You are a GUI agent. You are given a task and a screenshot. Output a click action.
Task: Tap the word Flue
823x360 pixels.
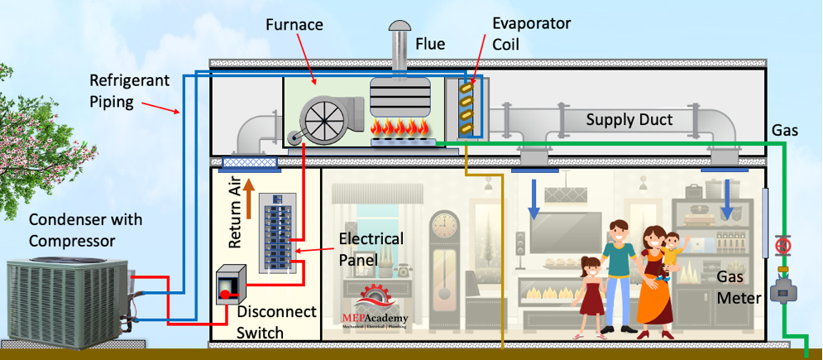coord(430,43)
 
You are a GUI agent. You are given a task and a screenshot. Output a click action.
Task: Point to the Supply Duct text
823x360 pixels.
coord(629,120)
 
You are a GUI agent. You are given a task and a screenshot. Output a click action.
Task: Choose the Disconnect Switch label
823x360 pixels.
coord(276,322)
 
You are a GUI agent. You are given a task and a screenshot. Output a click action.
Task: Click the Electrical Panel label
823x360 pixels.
coord(371,249)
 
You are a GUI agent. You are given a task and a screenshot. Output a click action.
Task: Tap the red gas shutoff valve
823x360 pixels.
coord(782,246)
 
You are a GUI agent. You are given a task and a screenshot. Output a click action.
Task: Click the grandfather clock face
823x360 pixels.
coord(443,223)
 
